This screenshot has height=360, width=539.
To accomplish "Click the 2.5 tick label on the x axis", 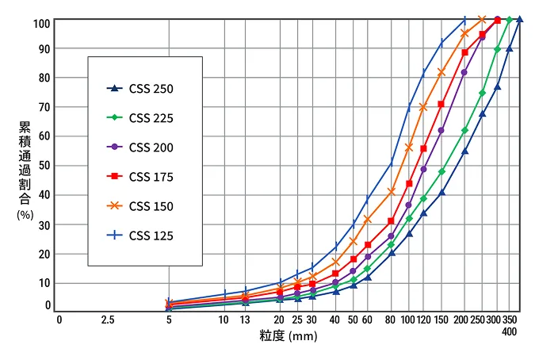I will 109,320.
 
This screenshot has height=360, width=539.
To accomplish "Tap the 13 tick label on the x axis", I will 246,320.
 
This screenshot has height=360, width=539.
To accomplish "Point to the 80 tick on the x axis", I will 392,320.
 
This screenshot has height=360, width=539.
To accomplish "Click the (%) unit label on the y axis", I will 25,216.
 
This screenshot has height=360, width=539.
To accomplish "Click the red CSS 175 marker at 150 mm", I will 442,104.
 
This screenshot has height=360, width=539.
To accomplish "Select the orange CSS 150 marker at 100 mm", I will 409,147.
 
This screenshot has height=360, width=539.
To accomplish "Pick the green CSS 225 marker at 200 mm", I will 464,130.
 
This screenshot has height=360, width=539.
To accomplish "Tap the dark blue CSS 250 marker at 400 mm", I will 520,20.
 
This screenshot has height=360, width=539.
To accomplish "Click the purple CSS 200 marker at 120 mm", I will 423,169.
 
